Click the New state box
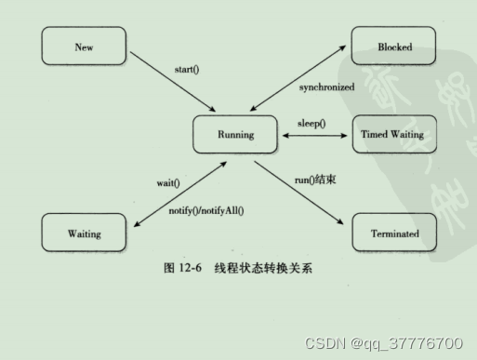click(84, 46)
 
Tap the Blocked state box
click(393, 46)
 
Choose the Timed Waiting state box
click(393, 135)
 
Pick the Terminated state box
click(393, 233)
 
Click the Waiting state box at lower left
click(84, 233)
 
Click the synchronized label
click(325, 87)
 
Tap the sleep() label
click(311, 123)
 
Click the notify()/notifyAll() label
click(205, 211)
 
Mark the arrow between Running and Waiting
click(176, 195)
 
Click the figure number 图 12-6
click(183, 268)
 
